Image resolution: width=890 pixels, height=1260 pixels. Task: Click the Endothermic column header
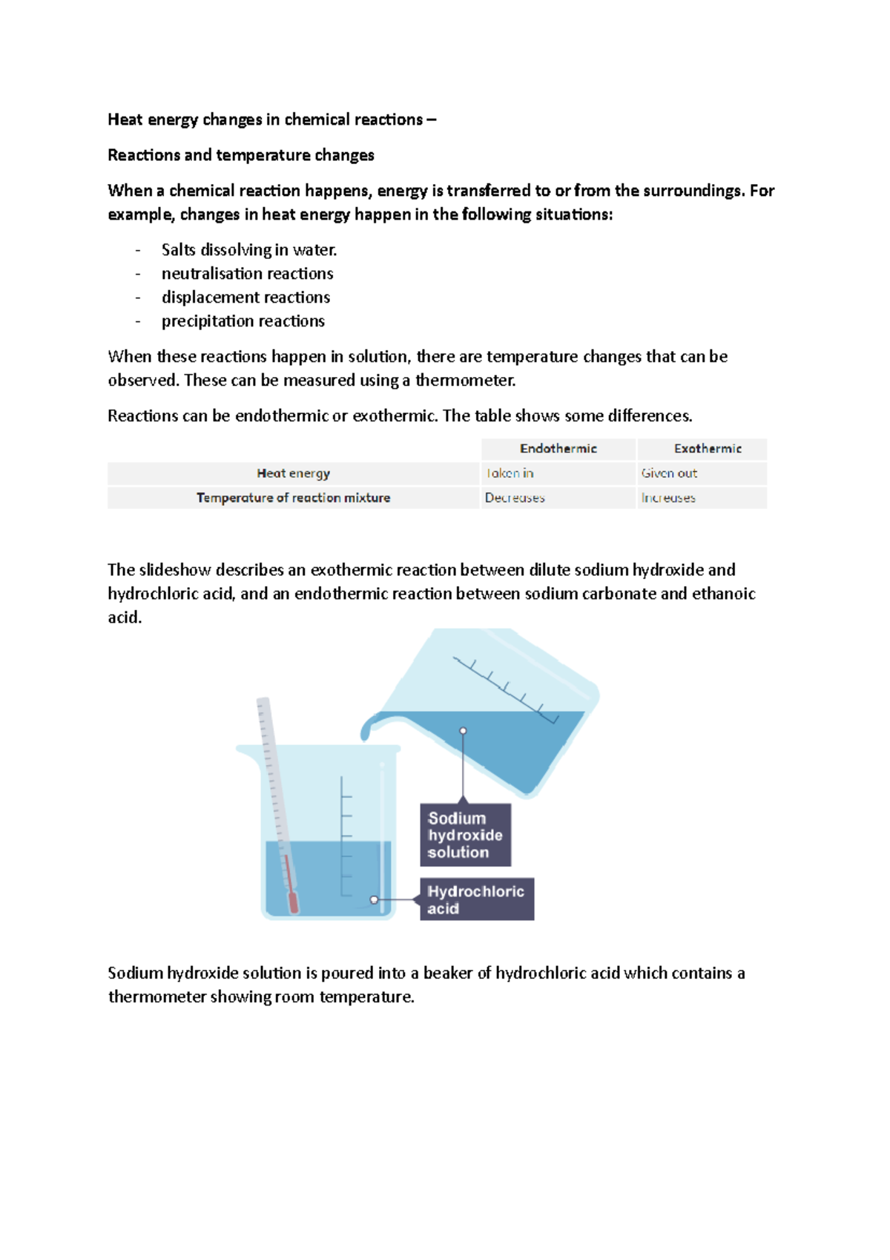[558, 449]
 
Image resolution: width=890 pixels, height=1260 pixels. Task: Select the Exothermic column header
[707, 449]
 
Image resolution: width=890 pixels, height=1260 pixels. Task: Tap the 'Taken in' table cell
[510, 473]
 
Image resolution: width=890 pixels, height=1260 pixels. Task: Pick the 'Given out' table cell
[669, 473]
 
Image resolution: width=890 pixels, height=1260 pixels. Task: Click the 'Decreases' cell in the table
[515, 498]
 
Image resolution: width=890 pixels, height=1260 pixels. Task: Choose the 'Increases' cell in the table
[668, 498]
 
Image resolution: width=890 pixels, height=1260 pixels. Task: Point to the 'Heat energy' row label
[293, 473]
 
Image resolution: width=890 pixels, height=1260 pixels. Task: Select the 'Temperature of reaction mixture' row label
[293, 498]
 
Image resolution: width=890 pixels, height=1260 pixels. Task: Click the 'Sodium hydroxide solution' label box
[465, 835]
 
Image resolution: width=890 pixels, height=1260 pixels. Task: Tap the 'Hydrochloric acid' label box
[476, 899]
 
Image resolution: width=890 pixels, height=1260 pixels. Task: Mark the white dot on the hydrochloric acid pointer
[374, 899]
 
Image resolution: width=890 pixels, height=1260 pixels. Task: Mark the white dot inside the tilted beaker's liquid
[463, 731]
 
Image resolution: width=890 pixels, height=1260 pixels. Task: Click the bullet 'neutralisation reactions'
[247, 274]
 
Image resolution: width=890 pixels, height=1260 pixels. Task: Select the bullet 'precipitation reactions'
[243, 321]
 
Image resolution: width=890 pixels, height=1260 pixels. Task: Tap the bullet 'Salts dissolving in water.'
[249, 250]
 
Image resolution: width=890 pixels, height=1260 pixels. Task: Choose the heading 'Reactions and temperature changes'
[240, 155]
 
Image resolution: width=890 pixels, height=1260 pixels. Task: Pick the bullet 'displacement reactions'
[245, 298]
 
